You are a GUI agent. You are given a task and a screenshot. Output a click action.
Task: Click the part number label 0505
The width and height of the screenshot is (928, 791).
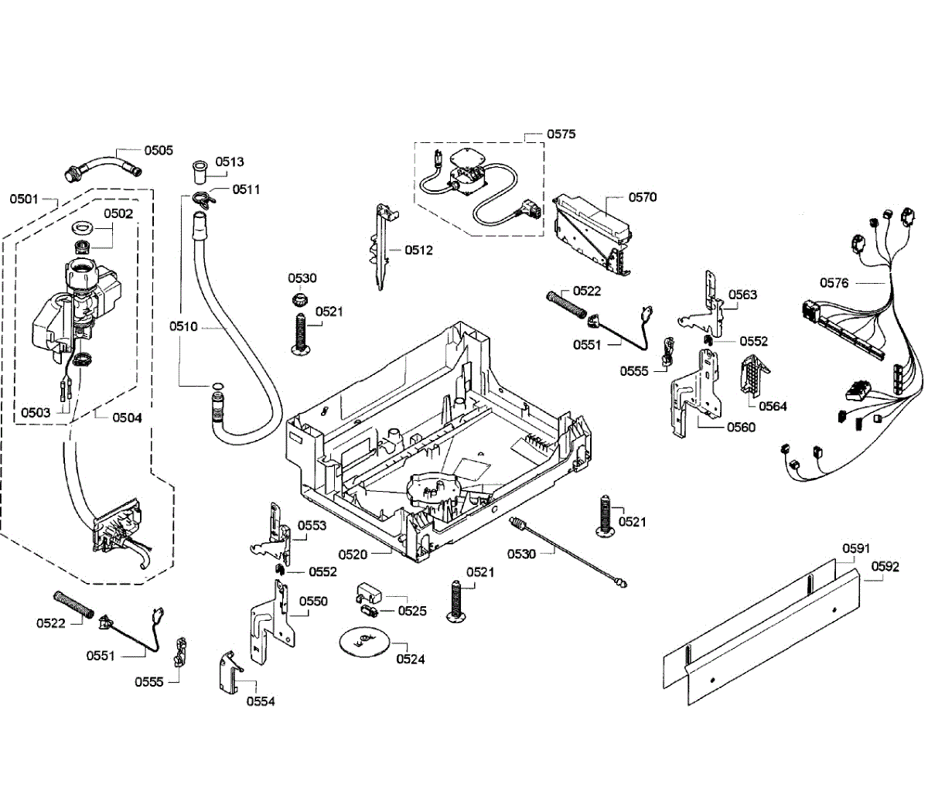tap(159, 150)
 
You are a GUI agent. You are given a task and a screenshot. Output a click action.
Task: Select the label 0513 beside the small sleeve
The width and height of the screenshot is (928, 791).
tap(230, 162)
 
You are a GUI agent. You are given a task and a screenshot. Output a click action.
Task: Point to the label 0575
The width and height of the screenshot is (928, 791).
tap(561, 135)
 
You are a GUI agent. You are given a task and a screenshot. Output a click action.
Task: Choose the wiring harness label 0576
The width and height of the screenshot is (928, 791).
tap(834, 283)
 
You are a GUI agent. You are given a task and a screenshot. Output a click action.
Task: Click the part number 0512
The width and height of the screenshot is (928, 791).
tap(418, 250)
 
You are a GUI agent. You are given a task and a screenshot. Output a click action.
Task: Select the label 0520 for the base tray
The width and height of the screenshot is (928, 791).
tap(353, 555)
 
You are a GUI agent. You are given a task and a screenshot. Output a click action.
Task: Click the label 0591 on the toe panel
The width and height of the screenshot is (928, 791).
tap(856, 548)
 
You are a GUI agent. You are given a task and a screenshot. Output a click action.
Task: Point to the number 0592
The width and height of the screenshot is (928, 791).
tap(885, 567)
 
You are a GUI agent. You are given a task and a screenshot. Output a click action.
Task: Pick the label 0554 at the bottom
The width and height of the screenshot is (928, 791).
tap(261, 701)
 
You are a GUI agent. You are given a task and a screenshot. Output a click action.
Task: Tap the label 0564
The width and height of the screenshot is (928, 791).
tap(773, 406)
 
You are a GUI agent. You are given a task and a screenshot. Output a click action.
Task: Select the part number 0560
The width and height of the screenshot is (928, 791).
tap(741, 428)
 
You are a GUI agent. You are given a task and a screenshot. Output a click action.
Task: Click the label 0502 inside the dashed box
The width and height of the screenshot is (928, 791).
tap(118, 213)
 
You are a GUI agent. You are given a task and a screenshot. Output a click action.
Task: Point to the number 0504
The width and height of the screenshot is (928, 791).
tap(127, 418)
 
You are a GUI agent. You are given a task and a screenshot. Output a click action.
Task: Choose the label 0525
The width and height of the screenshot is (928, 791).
tap(412, 611)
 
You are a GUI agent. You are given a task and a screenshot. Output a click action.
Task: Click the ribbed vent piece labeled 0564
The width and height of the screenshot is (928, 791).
tap(754, 377)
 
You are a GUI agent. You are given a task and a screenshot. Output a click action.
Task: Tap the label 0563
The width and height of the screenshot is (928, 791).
tap(742, 295)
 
